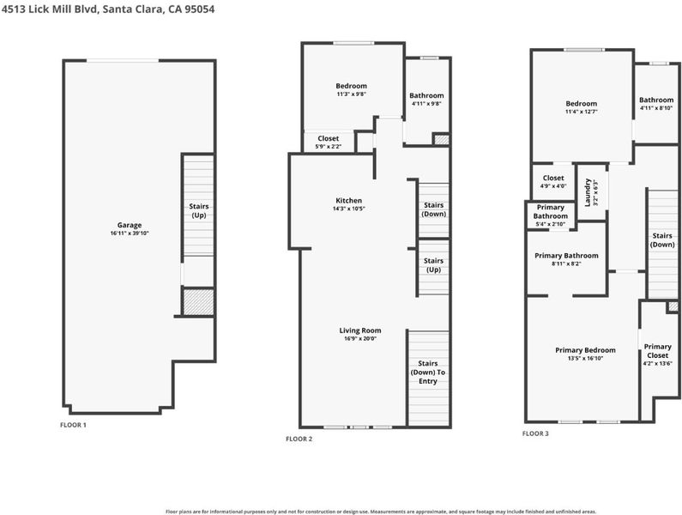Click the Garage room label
click(x=130, y=225)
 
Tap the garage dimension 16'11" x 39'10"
click(x=130, y=233)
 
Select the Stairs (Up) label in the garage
click(x=199, y=210)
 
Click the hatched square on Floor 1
click(x=198, y=302)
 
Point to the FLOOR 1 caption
click(x=73, y=425)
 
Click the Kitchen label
click(x=349, y=201)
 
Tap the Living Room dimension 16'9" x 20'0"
click(x=359, y=338)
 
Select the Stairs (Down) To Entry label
click(x=428, y=373)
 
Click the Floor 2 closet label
click(x=328, y=138)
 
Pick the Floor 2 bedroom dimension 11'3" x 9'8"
click(x=352, y=94)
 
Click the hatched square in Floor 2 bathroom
click(x=441, y=140)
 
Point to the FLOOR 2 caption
click(x=299, y=439)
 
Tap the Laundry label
click(x=588, y=192)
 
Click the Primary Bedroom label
click(x=585, y=350)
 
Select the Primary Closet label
click(x=658, y=351)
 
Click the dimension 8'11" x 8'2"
click(x=566, y=264)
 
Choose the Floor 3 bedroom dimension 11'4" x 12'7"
click(x=582, y=112)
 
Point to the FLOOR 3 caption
click(x=535, y=433)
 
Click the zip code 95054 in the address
click(x=199, y=9)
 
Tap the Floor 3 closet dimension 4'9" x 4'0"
click(x=553, y=186)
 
